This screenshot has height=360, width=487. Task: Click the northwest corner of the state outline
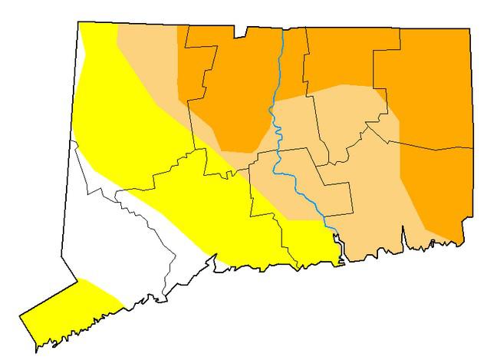[x=80, y=23]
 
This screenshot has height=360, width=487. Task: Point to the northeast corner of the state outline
[x=469, y=30]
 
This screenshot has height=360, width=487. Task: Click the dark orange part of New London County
[x=437, y=192]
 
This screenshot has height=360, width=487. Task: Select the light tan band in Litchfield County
[x=150, y=61]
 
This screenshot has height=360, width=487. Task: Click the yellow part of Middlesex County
[x=307, y=238]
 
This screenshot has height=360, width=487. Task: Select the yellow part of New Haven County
[x=222, y=223]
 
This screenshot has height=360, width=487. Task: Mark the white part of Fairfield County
[x=107, y=238]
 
